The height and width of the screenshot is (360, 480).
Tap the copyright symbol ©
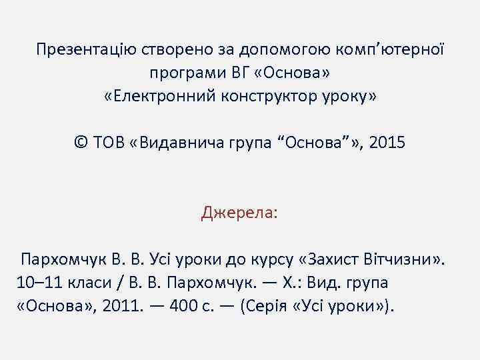click(81, 142)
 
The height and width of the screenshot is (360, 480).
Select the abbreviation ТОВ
click(111, 142)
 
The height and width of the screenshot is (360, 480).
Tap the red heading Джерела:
click(240, 213)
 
